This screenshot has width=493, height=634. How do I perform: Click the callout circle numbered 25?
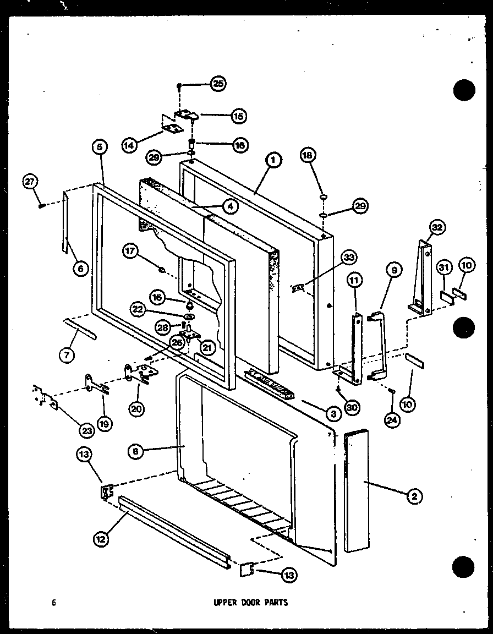(218, 84)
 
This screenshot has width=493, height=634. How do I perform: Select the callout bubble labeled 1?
(272, 160)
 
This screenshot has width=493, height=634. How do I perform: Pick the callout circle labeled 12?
(100, 539)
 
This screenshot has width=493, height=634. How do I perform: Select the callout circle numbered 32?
(438, 227)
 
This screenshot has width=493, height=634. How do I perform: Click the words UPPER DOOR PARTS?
(250, 602)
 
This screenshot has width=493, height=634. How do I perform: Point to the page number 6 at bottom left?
(53, 602)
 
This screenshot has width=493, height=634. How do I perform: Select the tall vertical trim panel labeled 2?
(356, 491)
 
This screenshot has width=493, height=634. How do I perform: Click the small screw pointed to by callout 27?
(42, 205)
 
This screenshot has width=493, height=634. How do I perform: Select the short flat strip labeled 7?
(80, 329)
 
